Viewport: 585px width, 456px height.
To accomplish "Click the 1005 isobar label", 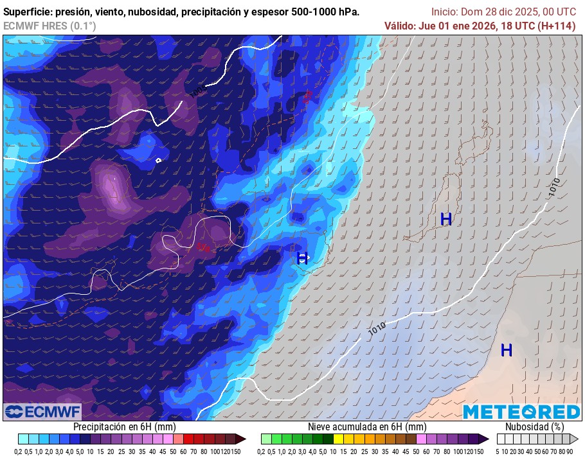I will pyautogui.click(x=198, y=92).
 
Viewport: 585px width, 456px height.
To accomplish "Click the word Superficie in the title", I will pyautogui.click(x=26, y=12).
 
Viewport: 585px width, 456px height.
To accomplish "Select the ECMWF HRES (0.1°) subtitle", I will pyautogui.click(x=50, y=26).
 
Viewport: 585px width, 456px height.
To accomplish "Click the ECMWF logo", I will pyautogui.click(x=42, y=411).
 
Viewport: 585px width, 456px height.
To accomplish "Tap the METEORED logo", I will pyautogui.click(x=521, y=412).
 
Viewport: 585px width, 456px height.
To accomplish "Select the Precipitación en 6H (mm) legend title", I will pyautogui.click(x=124, y=426).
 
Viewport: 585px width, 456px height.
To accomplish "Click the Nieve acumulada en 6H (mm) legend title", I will pyautogui.click(x=366, y=426).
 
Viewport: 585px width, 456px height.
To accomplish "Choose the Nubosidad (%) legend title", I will pyautogui.click(x=534, y=426).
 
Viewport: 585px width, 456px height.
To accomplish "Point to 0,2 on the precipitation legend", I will pyautogui.click(x=22, y=450).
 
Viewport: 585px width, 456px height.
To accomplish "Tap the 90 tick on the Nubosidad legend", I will pyautogui.click(x=570, y=450).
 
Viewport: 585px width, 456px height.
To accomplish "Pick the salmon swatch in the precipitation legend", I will pyautogui.click(x=178, y=439).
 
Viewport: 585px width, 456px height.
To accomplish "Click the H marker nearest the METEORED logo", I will pyautogui.click(x=507, y=351).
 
